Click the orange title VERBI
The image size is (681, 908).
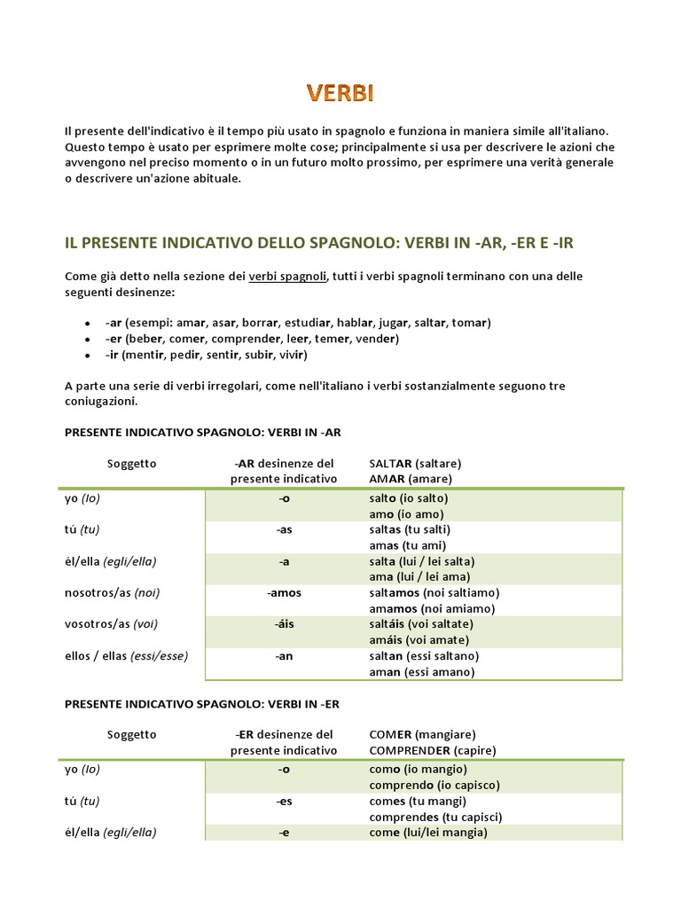click(x=340, y=93)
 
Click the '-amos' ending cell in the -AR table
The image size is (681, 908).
click(x=284, y=592)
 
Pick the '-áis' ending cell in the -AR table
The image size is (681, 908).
click(x=284, y=623)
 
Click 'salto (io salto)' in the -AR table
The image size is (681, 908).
click(x=409, y=498)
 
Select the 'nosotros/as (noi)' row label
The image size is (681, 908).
click(x=112, y=592)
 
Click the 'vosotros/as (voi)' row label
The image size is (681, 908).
click(x=111, y=623)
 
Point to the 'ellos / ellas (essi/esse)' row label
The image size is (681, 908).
click(x=126, y=655)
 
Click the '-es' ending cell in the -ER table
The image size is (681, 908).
click(x=284, y=801)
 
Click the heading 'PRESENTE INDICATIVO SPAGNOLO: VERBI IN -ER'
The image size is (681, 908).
click(x=203, y=703)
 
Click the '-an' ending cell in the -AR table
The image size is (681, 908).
click(x=284, y=655)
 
